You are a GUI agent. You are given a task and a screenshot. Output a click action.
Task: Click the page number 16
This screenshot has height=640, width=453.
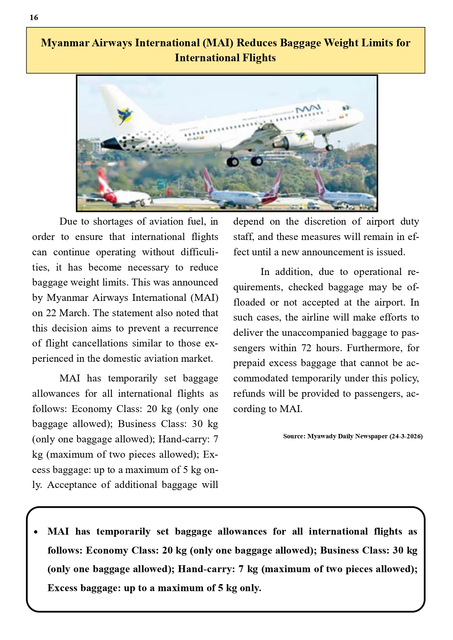pos(34,18)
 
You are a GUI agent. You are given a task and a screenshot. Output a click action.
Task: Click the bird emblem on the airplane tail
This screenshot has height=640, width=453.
pos(125,116)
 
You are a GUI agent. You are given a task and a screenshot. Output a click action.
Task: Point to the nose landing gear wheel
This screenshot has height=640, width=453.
pos(329,147)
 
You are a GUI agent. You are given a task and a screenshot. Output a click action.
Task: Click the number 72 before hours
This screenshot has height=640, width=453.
pos(306,348)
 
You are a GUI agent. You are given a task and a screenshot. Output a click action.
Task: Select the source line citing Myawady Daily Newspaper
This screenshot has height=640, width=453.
pos(353,437)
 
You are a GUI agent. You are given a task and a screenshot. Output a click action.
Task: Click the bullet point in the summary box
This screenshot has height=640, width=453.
pos(36,532)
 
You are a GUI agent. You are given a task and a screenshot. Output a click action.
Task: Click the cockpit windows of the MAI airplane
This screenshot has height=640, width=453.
pos(345,108)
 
